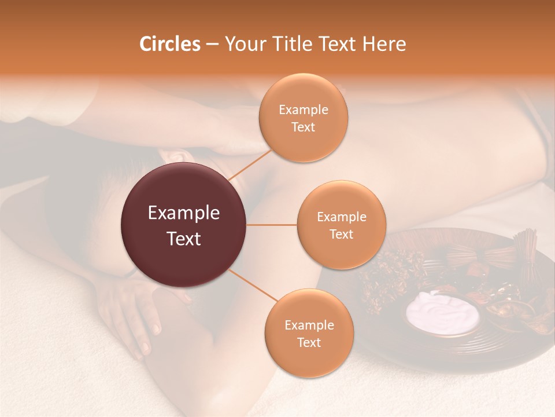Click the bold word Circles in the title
(x=169, y=44)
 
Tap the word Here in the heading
(x=384, y=44)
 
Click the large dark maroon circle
(x=183, y=225)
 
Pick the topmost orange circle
(x=303, y=118)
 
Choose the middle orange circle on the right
(x=341, y=225)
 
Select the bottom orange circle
(x=309, y=333)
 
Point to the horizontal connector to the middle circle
(x=272, y=225)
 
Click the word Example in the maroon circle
(x=183, y=213)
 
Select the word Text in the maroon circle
(x=183, y=238)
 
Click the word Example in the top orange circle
(x=303, y=110)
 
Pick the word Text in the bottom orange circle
(x=309, y=342)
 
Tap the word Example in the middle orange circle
(x=341, y=217)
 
